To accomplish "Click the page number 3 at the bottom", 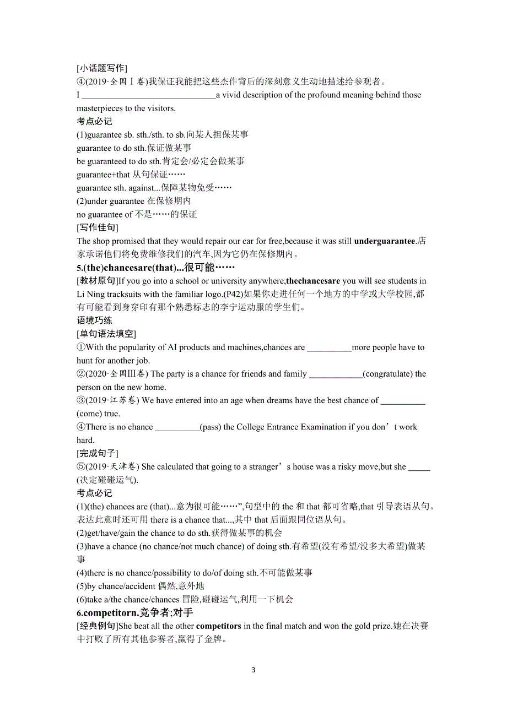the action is pyautogui.click(x=253, y=670).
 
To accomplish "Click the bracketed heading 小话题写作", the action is pyautogui.click(x=102, y=68).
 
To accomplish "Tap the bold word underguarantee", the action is pyautogui.click(x=385, y=241).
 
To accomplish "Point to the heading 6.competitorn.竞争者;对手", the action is pyautogui.click(x=135, y=612).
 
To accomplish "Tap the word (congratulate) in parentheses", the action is pyautogui.click(x=388, y=374).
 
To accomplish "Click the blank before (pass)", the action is pyautogui.click(x=177, y=427).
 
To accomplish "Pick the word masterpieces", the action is pyautogui.click(x=100, y=108).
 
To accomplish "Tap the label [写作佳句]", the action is pyautogui.click(x=98, y=227).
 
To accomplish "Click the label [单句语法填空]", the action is pyautogui.click(x=106, y=334).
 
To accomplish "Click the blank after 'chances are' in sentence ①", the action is pyautogui.click(x=329, y=348).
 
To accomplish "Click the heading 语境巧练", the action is pyautogui.click(x=94, y=321).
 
